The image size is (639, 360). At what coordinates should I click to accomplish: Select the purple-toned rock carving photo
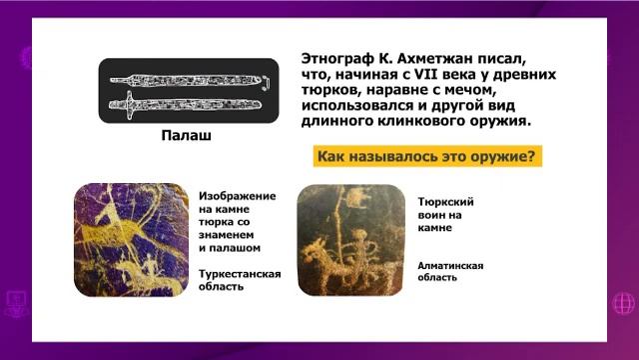tap(131, 240)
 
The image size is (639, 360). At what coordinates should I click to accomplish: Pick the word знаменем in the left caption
tap(233, 234)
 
